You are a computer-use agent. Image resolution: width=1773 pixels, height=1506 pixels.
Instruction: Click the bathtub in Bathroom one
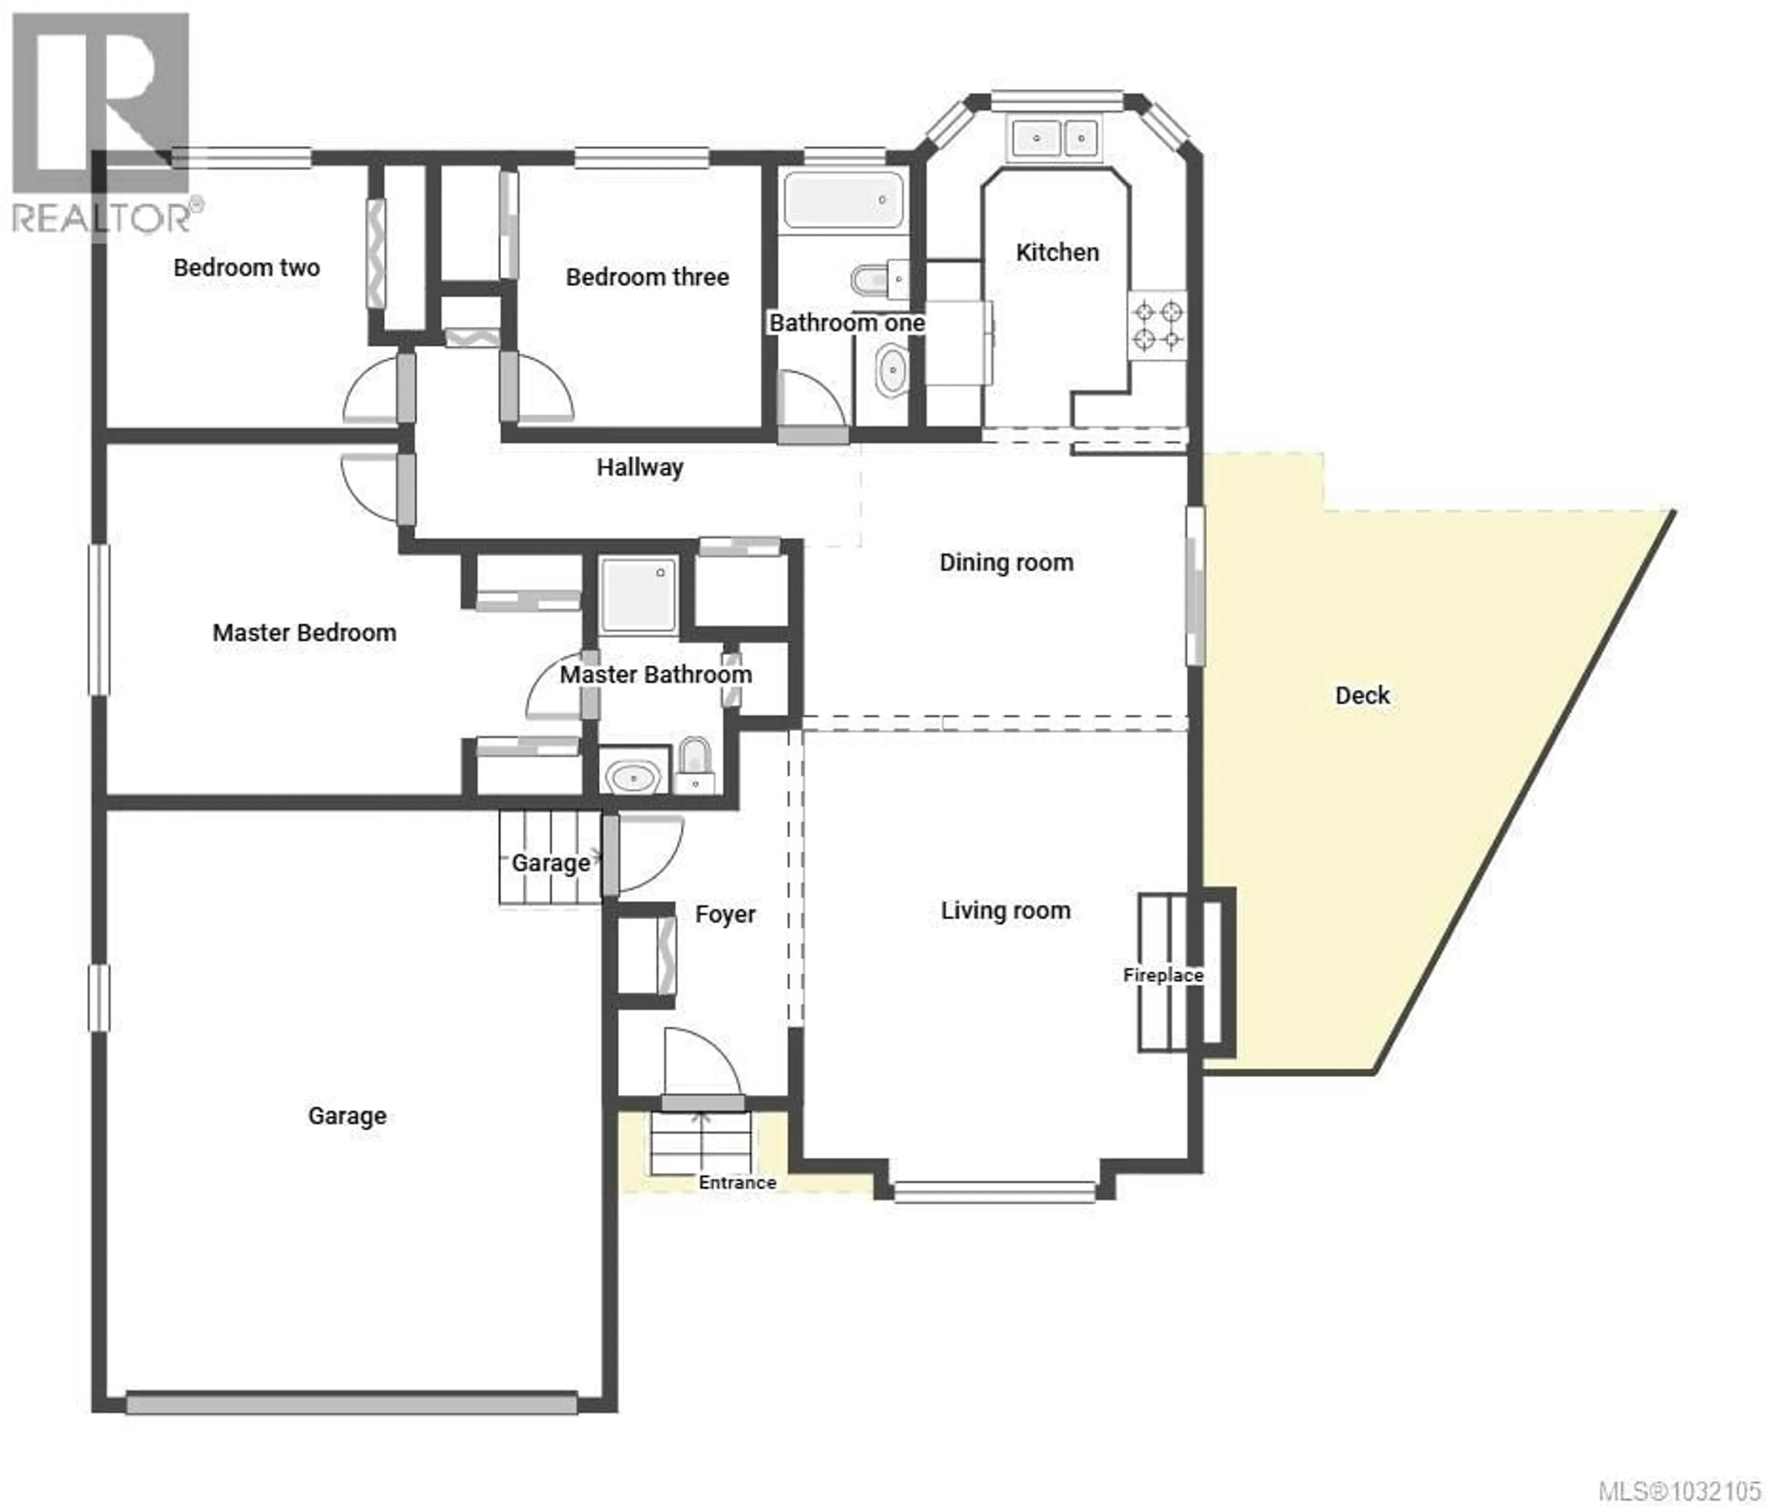(x=843, y=200)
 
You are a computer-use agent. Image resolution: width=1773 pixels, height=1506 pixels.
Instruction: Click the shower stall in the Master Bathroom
(x=637, y=594)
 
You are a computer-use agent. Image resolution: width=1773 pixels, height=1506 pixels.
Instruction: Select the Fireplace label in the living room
(x=1162, y=975)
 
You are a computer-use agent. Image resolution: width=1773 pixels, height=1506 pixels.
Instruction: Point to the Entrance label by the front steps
(x=737, y=1182)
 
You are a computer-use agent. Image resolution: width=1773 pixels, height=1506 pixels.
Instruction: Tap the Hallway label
(x=639, y=468)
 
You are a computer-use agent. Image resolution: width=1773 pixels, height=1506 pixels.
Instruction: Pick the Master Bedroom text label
(x=304, y=633)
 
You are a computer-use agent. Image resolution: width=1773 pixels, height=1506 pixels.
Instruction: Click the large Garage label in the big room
(x=347, y=1116)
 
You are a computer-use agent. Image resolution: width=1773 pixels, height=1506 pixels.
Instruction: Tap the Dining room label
(x=1006, y=563)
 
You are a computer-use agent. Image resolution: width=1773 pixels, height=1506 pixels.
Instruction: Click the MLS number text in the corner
(x=1678, y=1491)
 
